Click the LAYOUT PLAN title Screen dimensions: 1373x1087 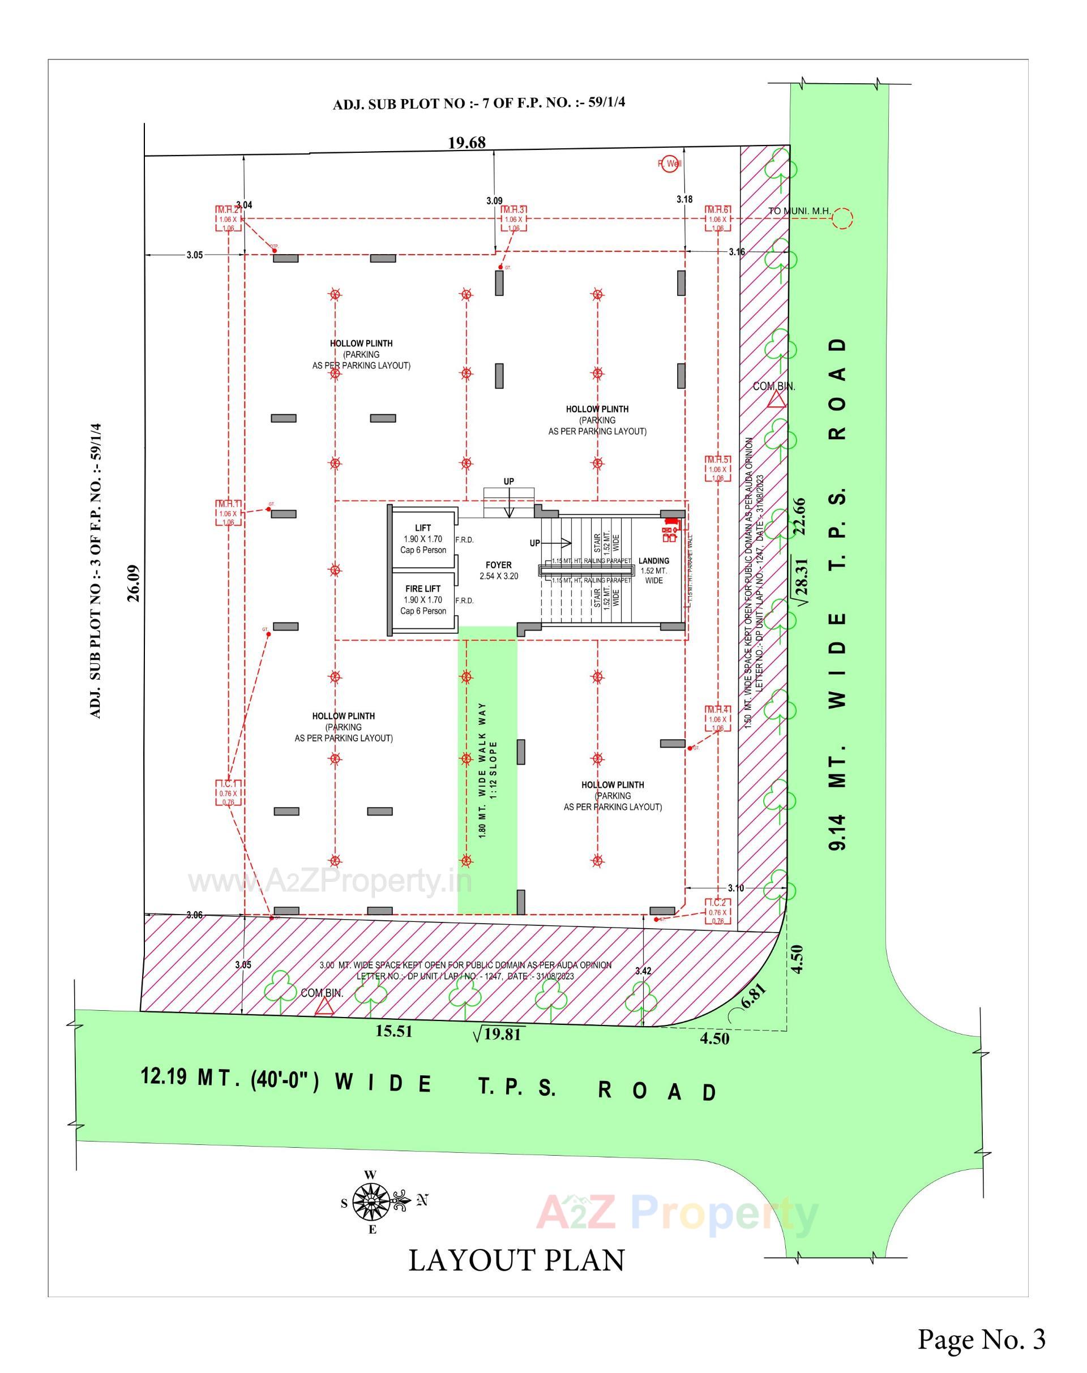[x=516, y=1260]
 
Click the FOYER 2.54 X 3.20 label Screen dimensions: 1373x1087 [x=498, y=570]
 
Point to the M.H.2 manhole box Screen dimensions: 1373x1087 [x=228, y=219]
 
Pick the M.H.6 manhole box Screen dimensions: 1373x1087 [x=717, y=219]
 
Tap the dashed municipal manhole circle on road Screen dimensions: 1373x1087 [x=842, y=218]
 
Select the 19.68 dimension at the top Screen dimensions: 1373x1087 [x=467, y=143]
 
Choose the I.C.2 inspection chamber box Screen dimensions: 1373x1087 [x=718, y=912]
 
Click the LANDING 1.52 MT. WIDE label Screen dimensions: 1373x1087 [x=653, y=570]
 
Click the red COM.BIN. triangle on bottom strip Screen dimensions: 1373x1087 [x=325, y=1006]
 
